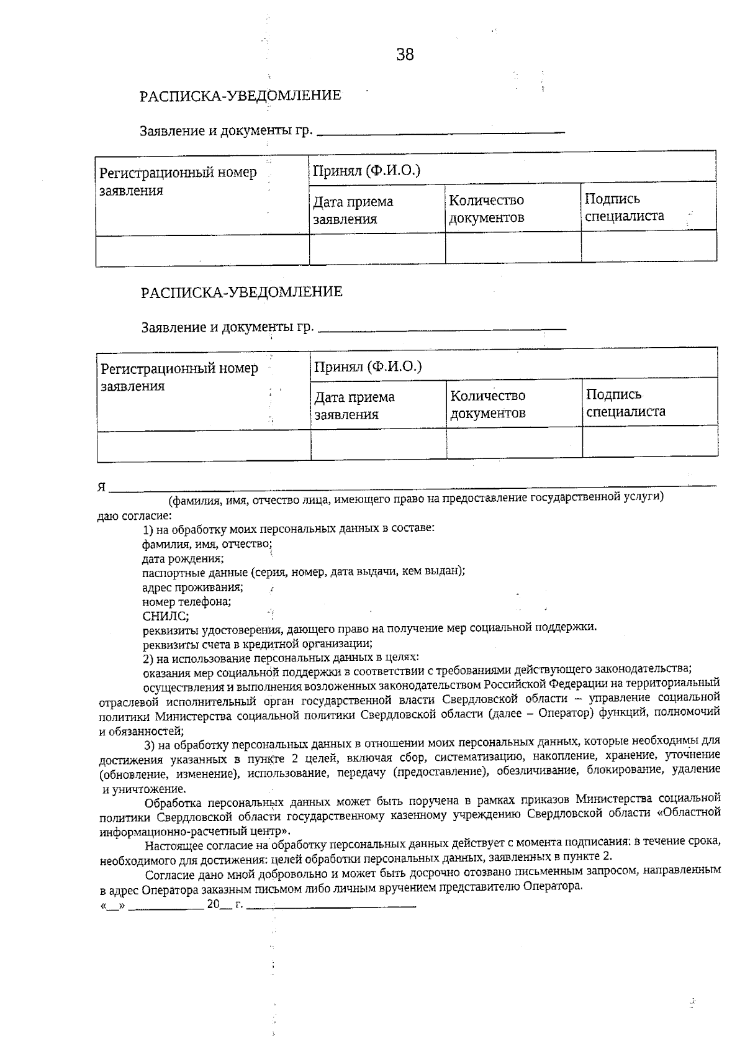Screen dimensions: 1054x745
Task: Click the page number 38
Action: [405, 55]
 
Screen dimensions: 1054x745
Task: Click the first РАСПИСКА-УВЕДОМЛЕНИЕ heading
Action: [241, 96]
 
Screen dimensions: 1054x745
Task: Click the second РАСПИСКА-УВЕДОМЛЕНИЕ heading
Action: [242, 292]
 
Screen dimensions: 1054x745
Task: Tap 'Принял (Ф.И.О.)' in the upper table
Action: [366, 170]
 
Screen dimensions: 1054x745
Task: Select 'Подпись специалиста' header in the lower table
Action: [625, 402]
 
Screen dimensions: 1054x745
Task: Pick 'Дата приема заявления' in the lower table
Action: [354, 405]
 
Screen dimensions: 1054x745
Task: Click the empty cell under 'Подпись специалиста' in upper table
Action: [648, 247]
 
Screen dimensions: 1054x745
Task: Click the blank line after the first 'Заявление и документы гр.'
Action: [441, 132]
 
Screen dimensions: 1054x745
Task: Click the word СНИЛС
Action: [166, 616]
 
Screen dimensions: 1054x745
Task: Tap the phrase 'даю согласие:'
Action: [135, 516]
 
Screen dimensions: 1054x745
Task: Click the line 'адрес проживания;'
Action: [192, 587]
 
